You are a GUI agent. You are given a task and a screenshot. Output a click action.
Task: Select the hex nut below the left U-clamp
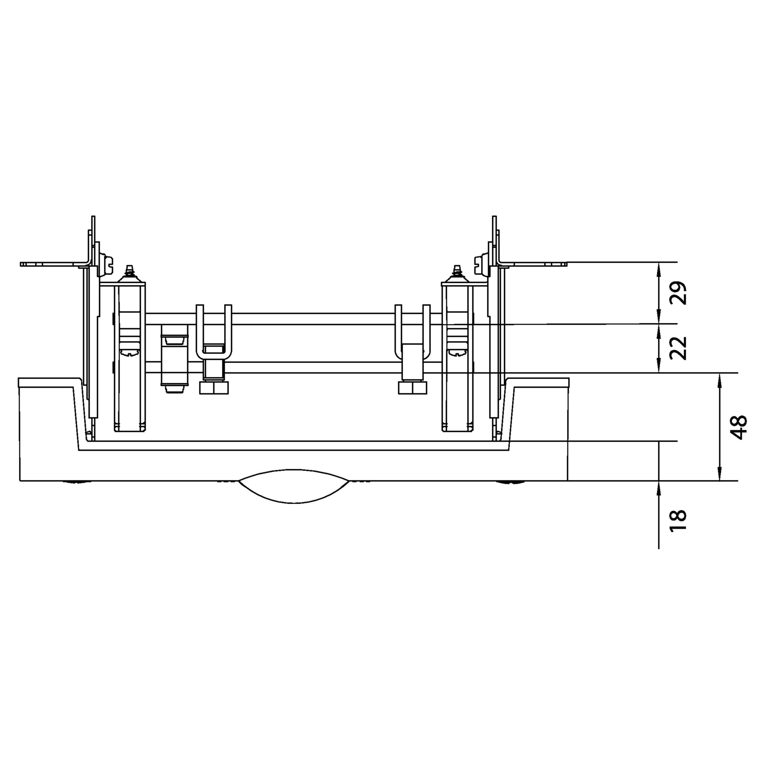[x=214, y=388]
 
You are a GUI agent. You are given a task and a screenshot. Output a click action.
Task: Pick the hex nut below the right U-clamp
[x=413, y=388]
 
